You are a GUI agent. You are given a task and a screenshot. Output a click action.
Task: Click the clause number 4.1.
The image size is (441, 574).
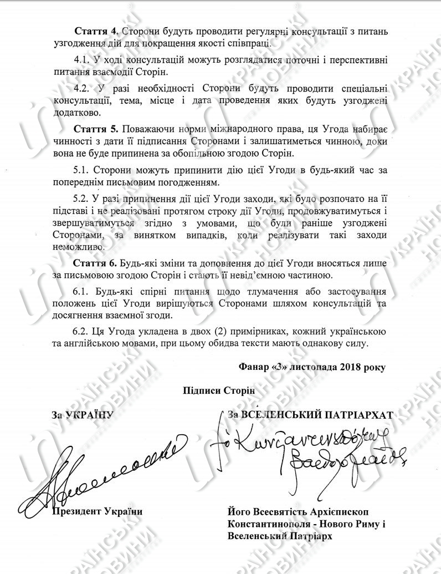82,59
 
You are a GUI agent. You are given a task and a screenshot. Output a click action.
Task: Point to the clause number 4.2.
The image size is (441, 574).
82,89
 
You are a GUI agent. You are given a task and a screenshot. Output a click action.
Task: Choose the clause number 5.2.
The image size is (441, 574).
82,200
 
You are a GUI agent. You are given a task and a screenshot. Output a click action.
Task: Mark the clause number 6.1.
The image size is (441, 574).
82,291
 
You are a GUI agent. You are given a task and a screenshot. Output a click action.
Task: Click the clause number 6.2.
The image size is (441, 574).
82,331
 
